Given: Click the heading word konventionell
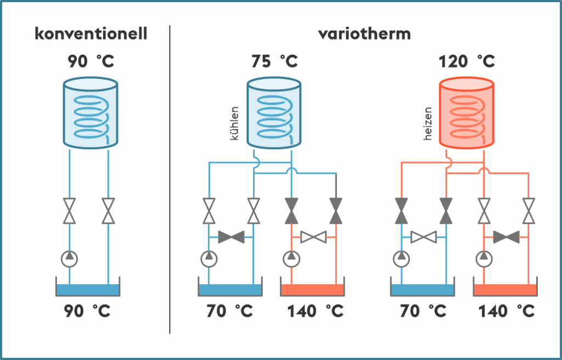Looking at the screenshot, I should point(91,34).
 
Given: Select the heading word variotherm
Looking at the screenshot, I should point(364,34).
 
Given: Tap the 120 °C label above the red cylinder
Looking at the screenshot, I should point(467,61).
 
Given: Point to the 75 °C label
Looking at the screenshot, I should point(274,61).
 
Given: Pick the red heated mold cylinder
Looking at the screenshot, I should point(467,114).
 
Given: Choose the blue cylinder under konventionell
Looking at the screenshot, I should point(91,114).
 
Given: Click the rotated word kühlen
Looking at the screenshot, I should point(235,123).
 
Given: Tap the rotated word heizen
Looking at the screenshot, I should point(428,123).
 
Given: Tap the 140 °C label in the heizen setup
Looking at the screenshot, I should point(505,312).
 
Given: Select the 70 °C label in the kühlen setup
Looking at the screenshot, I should point(230,312).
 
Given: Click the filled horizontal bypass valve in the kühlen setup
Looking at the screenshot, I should point(231,237).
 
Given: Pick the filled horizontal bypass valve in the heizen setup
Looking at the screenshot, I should point(506,237).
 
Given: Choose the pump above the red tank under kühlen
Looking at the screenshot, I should point(291,257).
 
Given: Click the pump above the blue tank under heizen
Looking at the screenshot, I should point(402,257).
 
